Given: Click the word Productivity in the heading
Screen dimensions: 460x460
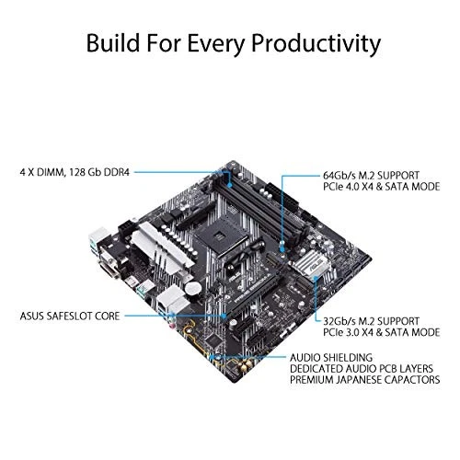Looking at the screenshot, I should click(x=301, y=42).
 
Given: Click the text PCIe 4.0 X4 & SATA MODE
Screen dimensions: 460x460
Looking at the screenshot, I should click(x=384, y=186).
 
